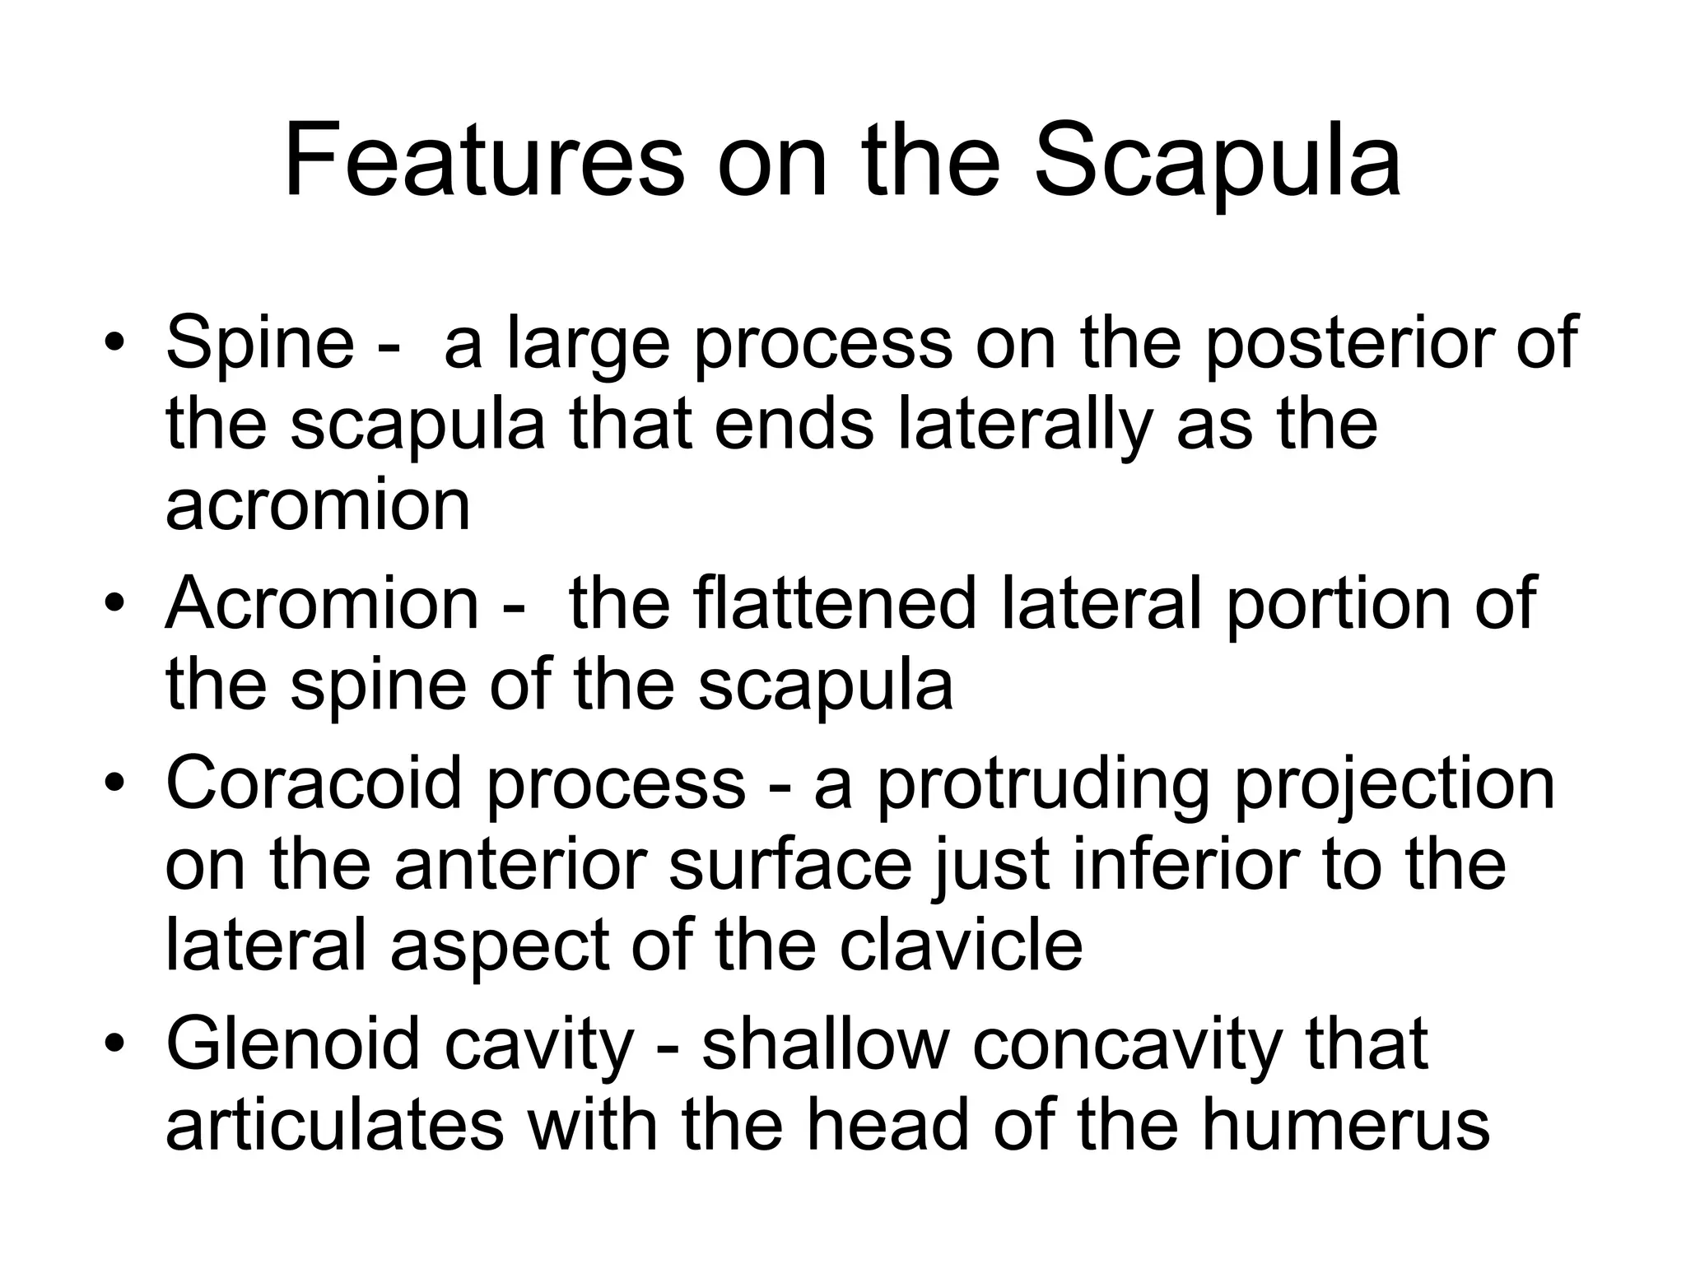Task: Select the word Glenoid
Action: tap(293, 1043)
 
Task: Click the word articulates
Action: tap(334, 1125)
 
